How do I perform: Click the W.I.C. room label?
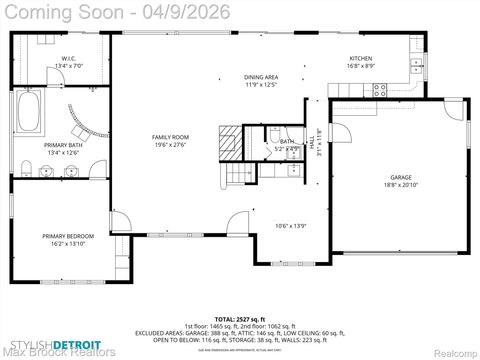pyautogui.click(x=69, y=58)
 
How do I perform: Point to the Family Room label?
pyautogui.click(x=170, y=136)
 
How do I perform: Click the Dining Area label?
pyautogui.click(x=261, y=77)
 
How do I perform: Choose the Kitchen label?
pyautogui.click(x=360, y=58)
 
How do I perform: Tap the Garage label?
pyautogui.click(x=400, y=177)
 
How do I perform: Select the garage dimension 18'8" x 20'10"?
pyautogui.click(x=400, y=185)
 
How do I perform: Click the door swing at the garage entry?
pyautogui.click(x=340, y=130)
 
